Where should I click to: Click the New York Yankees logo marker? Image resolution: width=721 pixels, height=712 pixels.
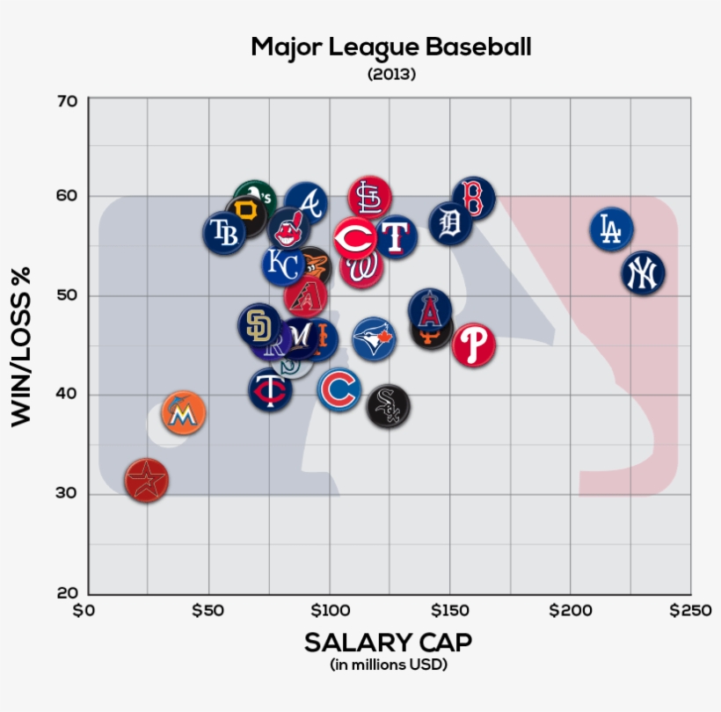point(643,272)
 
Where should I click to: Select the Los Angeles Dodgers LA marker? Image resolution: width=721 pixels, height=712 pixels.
point(611,229)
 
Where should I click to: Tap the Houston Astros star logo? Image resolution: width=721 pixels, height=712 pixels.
point(146,480)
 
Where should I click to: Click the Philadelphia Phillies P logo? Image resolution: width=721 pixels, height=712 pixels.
point(474,345)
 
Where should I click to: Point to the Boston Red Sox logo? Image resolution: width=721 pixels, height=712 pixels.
point(473,198)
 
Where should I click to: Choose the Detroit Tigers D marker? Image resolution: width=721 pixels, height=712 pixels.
point(450,223)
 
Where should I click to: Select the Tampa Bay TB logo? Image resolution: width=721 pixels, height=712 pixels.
point(225,233)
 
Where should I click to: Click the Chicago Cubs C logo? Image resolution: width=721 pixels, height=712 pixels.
point(339,389)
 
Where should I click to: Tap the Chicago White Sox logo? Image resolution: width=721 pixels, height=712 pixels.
point(388,406)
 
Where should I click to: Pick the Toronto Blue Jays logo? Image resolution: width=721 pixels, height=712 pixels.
point(374,338)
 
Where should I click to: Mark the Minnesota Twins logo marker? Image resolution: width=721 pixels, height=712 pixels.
point(270,389)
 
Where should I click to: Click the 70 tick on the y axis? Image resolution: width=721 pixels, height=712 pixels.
point(69,101)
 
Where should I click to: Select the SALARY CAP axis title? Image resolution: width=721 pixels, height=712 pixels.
point(388,643)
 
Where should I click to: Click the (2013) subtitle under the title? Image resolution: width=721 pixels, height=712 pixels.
point(391,75)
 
